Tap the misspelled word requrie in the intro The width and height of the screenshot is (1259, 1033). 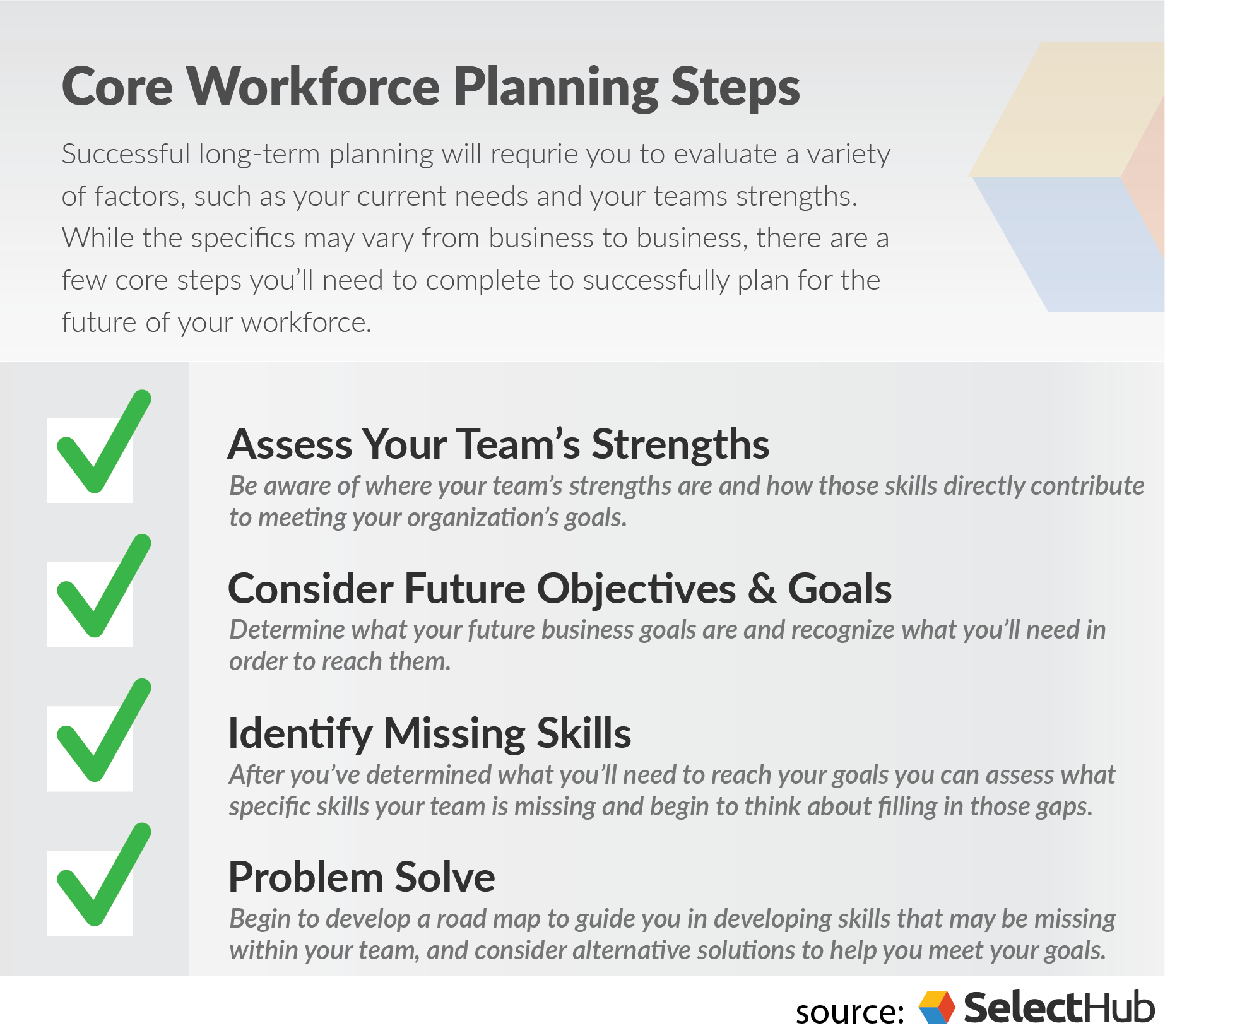click(x=534, y=155)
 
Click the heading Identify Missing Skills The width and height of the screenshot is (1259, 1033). click(x=429, y=733)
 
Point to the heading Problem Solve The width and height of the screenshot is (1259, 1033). click(x=362, y=877)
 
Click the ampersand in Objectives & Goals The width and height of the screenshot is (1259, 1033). click(x=762, y=589)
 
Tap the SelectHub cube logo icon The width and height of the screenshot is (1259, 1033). click(x=937, y=1006)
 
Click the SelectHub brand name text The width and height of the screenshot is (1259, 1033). click(x=1059, y=1008)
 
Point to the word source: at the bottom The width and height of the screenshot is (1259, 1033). click(x=849, y=1012)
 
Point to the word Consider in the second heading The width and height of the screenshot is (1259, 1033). click(x=310, y=589)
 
